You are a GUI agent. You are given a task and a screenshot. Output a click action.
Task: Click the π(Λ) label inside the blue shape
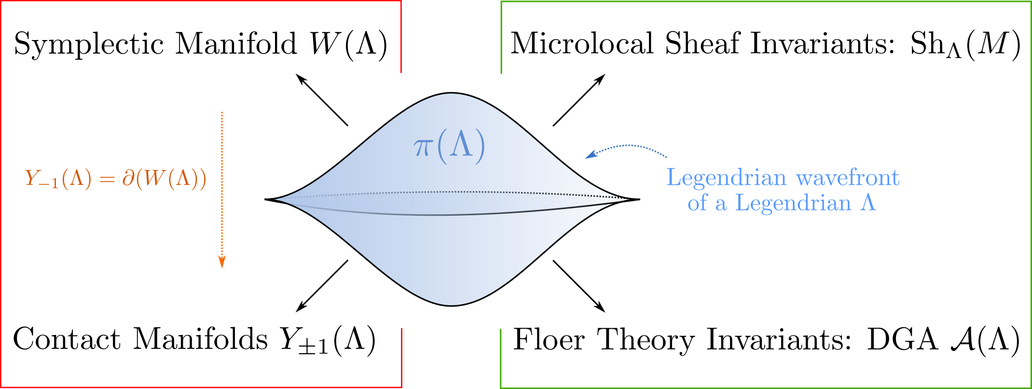(449, 146)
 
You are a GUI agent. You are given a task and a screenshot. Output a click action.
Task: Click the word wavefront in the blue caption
(848, 178)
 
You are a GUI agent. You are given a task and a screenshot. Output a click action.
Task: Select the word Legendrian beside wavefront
(726, 178)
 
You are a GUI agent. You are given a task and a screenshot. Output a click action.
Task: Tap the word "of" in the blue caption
(697, 203)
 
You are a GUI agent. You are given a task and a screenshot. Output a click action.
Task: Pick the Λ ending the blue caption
(868, 203)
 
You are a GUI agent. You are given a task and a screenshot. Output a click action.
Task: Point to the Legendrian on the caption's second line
(793, 203)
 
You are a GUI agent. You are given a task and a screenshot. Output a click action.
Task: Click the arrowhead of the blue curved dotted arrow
(589, 155)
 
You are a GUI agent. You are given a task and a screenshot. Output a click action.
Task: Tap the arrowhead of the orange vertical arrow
(222, 262)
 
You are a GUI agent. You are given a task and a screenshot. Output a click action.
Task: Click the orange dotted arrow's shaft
(222, 183)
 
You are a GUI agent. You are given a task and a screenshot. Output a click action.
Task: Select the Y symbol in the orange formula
(32, 178)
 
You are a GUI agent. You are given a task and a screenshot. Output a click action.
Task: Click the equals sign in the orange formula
(107, 180)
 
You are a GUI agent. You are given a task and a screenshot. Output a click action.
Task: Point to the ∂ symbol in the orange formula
(128, 178)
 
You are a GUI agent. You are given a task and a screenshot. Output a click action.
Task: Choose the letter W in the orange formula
(155, 178)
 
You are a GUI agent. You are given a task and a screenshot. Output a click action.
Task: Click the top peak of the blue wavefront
(451, 95)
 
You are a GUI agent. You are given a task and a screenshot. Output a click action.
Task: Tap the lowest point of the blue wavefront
(451, 304)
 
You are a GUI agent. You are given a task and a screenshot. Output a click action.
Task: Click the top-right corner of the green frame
(1030, 2)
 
